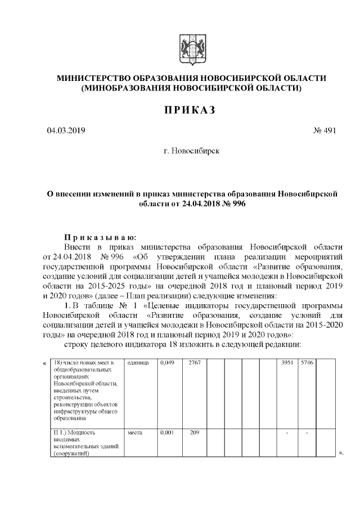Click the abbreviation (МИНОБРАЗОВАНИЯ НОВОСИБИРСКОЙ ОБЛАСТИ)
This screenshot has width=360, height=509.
click(x=191, y=88)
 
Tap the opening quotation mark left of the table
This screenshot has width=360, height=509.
click(x=44, y=363)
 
